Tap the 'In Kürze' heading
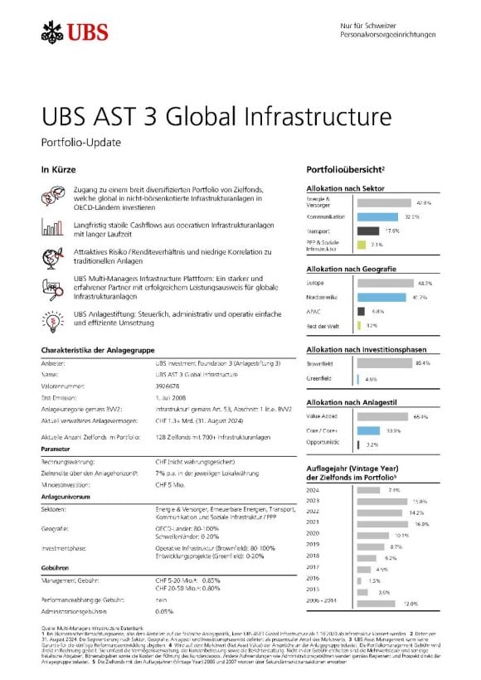click(57, 170)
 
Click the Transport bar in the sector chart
click(367, 231)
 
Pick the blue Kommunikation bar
click(382, 216)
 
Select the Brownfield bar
click(384, 362)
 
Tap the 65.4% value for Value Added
click(420, 416)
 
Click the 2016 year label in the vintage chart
click(313, 578)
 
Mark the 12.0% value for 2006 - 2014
click(411, 603)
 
